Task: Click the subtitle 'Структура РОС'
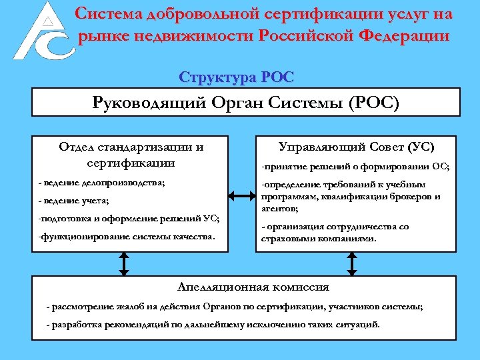(x=236, y=77)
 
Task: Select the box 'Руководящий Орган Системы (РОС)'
(x=246, y=103)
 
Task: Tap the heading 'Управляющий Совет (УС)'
(x=356, y=147)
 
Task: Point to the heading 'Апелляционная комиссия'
(x=253, y=287)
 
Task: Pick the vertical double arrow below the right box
(x=351, y=265)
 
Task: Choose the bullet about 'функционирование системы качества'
(x=127, y=237)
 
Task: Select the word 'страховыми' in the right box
(x=291, y=238)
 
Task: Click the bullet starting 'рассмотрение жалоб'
(x=234, y=307)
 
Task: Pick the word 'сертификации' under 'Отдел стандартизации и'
(x=131, y=162)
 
